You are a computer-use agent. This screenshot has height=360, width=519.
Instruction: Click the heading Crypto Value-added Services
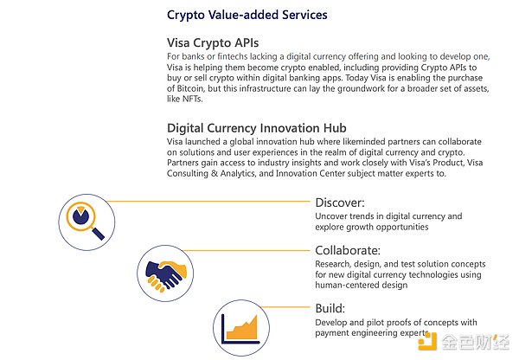click(x=247, y=15)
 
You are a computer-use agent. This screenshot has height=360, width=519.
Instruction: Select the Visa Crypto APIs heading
click(x=213, y=42)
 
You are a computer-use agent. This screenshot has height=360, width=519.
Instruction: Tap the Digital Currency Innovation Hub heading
click(x=257, y=128)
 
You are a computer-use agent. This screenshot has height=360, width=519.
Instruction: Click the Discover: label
click(x=340, y=202)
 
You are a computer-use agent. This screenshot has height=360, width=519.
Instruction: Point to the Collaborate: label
click(x=348, y=250)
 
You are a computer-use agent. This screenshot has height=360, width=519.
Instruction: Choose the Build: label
click(x=330, y=308)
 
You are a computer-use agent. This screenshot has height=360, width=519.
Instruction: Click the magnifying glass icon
click(x=85, y=220)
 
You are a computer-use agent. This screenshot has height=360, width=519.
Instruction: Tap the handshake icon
click(x=165, y=274)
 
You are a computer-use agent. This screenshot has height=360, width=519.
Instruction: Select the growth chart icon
click(x=240, y=329)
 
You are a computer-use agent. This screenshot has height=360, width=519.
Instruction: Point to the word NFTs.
click(x=192, y=99)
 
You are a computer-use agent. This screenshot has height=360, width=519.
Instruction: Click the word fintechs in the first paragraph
click(x=232, y=56)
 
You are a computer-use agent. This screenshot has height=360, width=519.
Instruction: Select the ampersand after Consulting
click(x=215, y=173)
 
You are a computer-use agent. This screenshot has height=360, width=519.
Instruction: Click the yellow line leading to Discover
click(x=208, y=201)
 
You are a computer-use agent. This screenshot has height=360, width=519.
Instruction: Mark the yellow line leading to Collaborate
click(x=246, y=250)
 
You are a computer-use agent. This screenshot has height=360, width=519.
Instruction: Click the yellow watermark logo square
click(x=427, y=342)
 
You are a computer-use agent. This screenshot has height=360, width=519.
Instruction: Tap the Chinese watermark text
click(x=475, y=342)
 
